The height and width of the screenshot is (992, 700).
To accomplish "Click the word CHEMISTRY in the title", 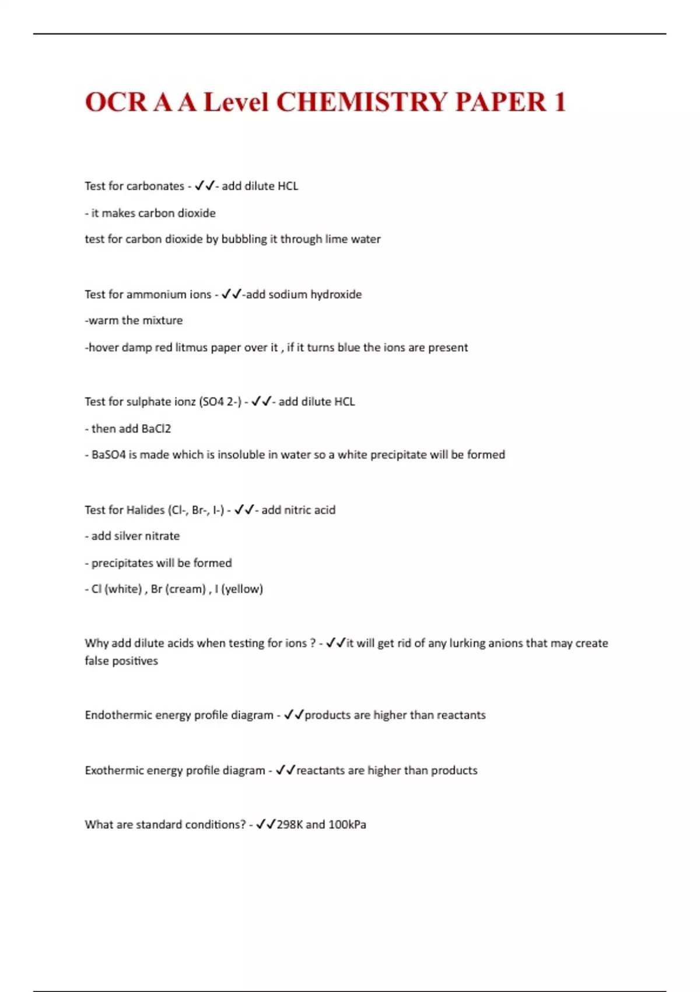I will click(x=361, y=102).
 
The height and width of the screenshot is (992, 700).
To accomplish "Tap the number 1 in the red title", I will click(x=559, y=102).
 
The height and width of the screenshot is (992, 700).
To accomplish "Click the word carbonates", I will click(x=155, y=186).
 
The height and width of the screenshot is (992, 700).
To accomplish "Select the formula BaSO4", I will click(x=108, y=455).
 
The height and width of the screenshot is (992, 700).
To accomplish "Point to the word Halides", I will click(x=145, y=510).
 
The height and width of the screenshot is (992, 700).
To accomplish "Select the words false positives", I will click(x=121, y=661).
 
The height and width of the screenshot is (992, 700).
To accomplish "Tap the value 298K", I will click(x=289, y=825).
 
